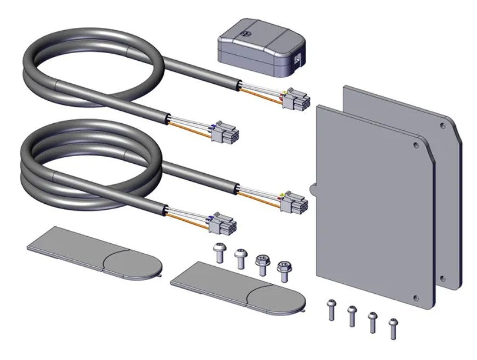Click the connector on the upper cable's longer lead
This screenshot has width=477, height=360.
point(296,100)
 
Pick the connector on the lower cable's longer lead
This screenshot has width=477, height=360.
point(295,203)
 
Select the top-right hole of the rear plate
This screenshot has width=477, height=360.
point(442,125)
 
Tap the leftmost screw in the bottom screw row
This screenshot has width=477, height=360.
point(330,310)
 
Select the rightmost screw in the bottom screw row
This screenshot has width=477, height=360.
point(393,327)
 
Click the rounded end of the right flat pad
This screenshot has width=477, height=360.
point(278,298)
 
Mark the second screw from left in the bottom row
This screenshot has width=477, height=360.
point(352,316)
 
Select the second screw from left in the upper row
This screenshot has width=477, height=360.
point(240,258)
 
